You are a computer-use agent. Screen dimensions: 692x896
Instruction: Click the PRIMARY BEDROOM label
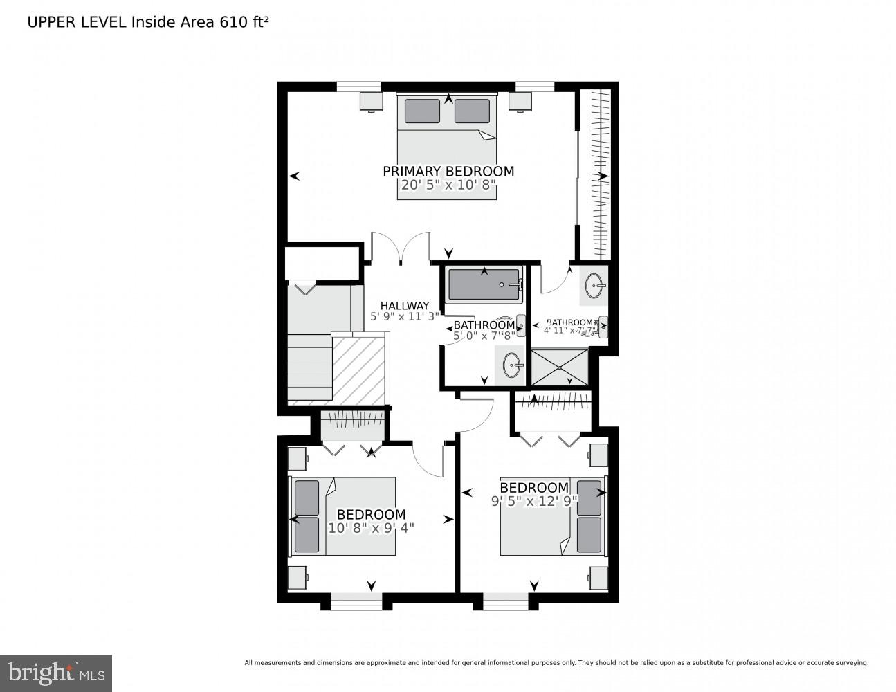coord(448,171)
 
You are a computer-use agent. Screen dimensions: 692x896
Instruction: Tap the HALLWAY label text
coord(405,305)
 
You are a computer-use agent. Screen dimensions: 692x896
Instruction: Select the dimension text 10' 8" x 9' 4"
coord(371,528)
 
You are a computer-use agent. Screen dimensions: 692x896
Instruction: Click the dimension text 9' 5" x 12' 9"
coord(534,502)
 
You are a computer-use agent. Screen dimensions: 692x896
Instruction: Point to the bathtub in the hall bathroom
coord(484,284)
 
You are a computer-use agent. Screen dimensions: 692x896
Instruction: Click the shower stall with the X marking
coord(560,367)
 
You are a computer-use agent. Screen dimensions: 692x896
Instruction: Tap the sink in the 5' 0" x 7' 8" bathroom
coord(513,363)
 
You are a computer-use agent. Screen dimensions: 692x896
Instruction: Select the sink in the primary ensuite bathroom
coord(594,284)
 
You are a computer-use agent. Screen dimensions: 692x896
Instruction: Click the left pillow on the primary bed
coord(422,111)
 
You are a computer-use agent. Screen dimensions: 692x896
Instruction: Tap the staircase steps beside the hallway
coord(309,367)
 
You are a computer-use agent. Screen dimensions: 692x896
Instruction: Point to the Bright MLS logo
coord(55,673)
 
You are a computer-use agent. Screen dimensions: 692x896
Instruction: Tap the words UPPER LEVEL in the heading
coord(77,21)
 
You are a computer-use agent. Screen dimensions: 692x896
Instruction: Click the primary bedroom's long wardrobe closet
coord(595,173)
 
